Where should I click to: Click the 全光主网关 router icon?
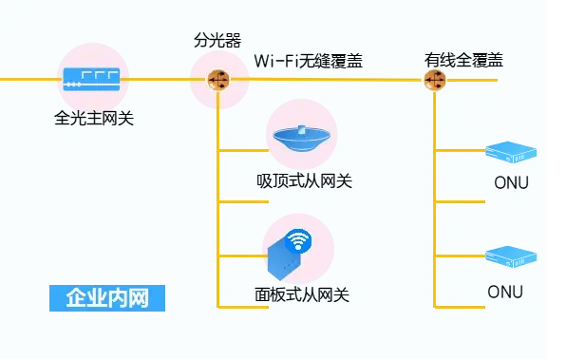[92, 80]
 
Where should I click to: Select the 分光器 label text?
[217, 40]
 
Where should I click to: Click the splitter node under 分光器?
[218, 80]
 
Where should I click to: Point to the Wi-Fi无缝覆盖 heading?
[308, 61]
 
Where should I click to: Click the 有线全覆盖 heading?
[462, 61]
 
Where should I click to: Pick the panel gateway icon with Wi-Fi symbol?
[290, 253]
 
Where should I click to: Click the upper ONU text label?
[511, 182]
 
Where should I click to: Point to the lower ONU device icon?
[511, 255]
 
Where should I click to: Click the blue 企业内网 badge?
[107, 297]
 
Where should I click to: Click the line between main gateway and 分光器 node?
[161, 80]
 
